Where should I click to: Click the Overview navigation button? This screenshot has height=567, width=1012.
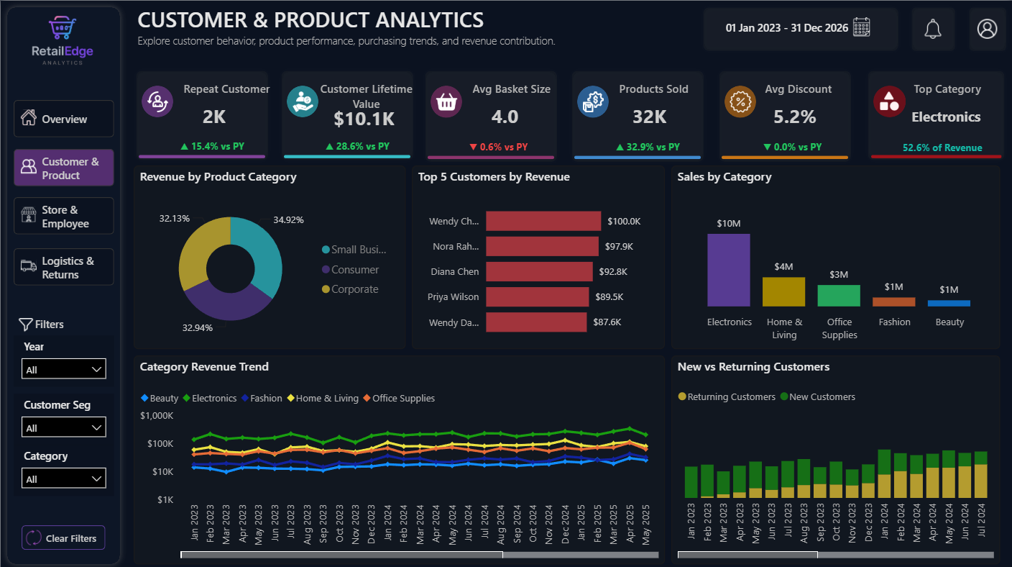coord(64,119)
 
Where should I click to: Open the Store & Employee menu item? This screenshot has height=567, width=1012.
coord(64,216)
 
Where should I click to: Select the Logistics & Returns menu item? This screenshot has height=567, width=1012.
coord(64,267)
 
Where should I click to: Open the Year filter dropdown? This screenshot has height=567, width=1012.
coord(64,368)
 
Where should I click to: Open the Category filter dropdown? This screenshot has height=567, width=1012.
coord(64,478)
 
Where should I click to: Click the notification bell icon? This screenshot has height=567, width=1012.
coord(932,30)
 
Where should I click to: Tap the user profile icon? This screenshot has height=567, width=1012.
coord(987,29)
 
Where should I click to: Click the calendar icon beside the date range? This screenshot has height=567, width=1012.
coord(862,27)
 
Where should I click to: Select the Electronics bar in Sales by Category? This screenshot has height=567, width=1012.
coord(729,270)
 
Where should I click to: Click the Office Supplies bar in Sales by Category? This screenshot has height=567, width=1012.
coord(839,296)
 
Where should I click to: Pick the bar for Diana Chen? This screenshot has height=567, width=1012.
coord(539,271)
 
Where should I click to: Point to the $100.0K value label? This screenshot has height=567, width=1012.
coord(624,221)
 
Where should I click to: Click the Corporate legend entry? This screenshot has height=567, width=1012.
coord(350,289)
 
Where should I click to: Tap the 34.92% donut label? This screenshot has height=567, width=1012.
coord(288,219)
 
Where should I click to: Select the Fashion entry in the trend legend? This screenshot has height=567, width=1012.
coord(262,398)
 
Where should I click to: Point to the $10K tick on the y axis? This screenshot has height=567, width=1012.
coord(162,471)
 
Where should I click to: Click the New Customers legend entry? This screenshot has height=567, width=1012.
coord(818,396)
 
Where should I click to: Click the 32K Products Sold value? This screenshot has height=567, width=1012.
coord(649,117)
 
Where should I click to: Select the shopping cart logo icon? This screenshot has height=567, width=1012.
coord(63,27)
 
